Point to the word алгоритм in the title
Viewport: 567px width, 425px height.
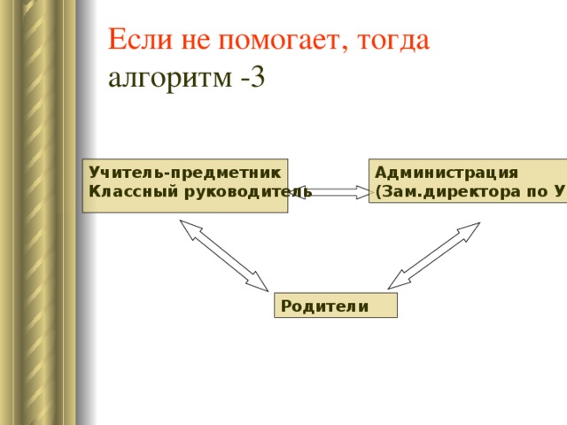169,78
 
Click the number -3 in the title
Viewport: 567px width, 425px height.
252,78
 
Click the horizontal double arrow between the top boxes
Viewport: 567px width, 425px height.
334,191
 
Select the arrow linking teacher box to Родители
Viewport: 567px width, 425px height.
223,255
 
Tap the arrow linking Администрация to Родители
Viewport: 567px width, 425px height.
434,255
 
